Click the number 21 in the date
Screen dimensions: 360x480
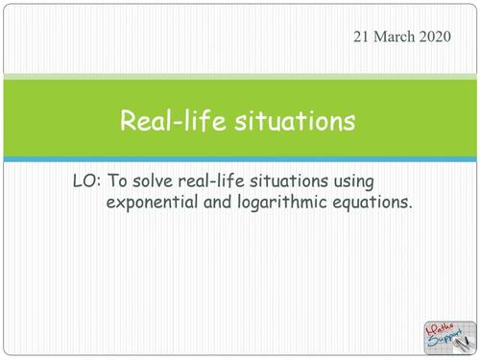366,36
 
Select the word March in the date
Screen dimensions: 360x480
398,36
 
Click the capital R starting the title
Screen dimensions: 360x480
127,121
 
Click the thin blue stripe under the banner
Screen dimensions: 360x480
240,157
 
